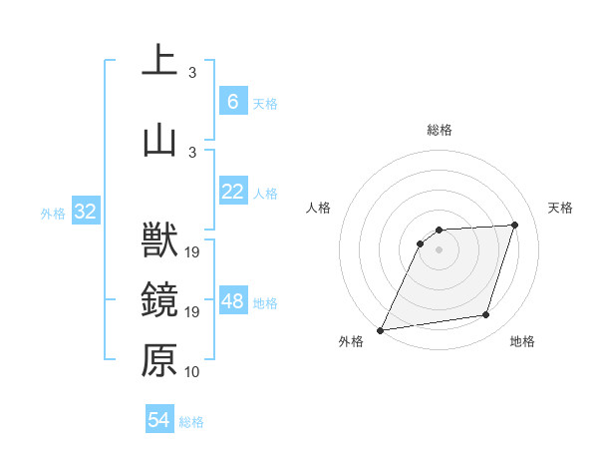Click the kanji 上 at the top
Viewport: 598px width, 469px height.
coord(159,59)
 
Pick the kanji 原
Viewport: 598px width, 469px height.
coord(159,359)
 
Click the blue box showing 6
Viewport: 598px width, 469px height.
coord(232,102)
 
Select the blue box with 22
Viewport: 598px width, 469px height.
coord(232,193)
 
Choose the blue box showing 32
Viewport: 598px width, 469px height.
coord(85,212)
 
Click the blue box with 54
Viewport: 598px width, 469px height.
coord(159,420)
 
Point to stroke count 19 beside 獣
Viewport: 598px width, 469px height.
coord(193,252)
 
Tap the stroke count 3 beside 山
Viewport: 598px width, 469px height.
coord(192,152)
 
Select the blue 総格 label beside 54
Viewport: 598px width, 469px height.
coord(191,422)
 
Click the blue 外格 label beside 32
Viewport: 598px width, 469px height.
coord(54,213)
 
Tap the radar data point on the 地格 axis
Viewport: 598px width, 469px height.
coord(486,315)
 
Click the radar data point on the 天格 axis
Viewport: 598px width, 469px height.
coord(515,225)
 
